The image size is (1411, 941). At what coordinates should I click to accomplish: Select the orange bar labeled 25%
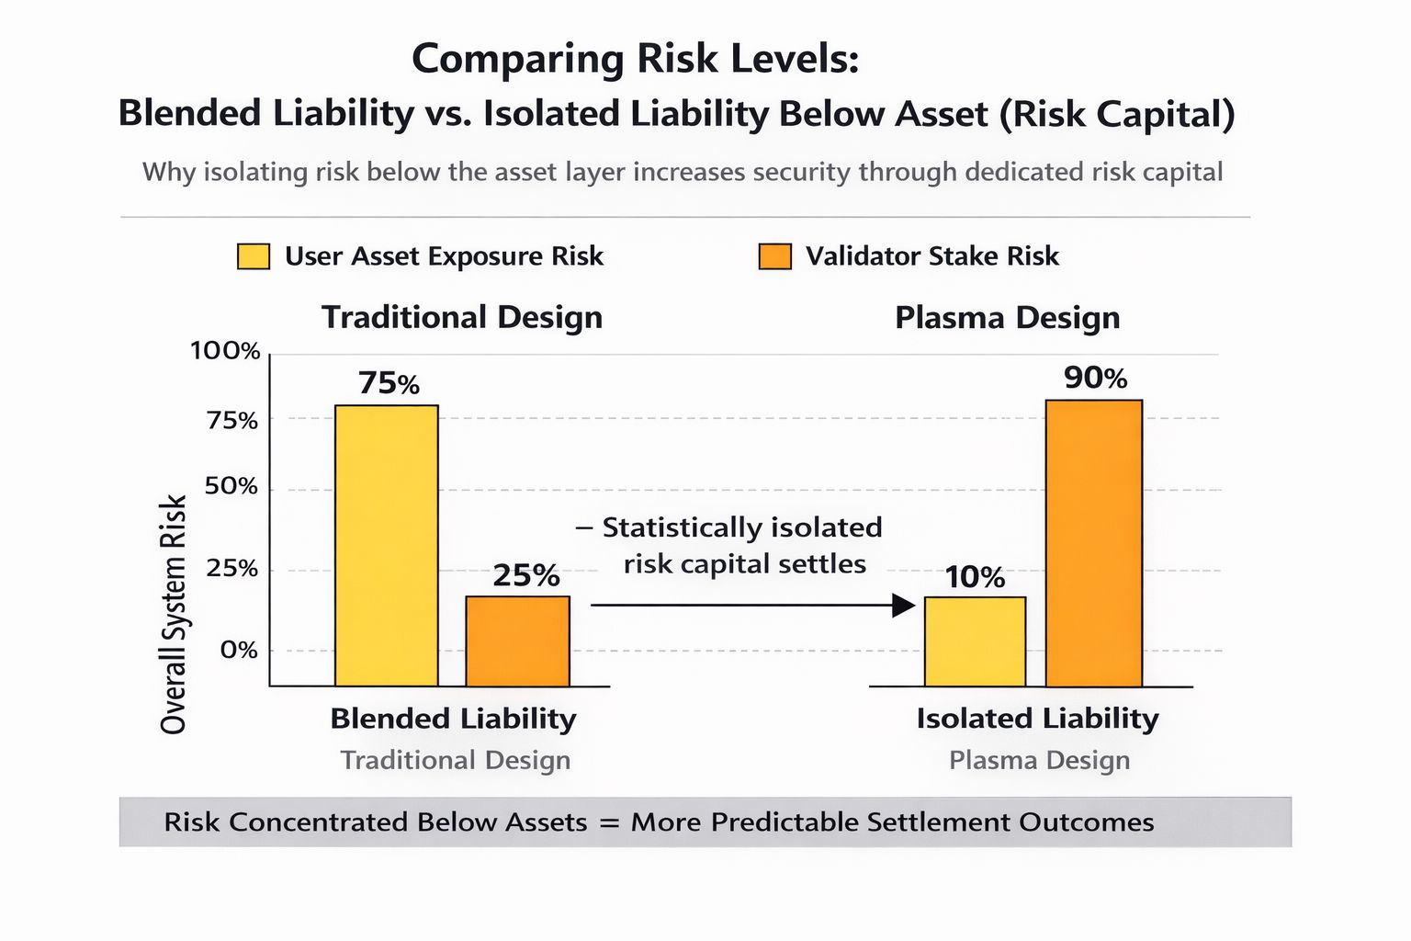pos(517,641)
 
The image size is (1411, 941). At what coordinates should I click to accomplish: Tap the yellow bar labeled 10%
pos(975,641)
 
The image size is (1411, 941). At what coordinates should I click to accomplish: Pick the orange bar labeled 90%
pos(1093,542)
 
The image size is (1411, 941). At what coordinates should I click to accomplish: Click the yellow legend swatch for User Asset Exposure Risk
pos(254,256)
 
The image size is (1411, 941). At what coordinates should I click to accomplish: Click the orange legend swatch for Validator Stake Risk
pos(774,256)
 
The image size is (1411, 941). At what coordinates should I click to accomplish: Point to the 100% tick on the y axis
pos(225,351)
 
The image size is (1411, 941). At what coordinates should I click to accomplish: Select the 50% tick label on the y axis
pos(231,486)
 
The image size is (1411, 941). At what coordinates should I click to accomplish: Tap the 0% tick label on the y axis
pos(239,650)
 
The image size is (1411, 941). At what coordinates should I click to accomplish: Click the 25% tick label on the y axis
pos(231,569)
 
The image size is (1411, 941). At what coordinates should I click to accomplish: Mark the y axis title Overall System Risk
pos(174,614)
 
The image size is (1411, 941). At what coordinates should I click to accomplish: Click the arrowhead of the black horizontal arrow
pos(904,606)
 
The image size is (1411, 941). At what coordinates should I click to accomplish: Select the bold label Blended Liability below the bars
pos(453,719)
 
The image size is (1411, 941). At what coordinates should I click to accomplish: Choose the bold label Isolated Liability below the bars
pos(1037,719)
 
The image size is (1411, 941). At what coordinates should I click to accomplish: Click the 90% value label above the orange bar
pos(1095,378)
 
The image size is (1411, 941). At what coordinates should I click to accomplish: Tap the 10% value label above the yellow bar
pos(975,577)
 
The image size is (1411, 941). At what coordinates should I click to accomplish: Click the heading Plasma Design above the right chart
pos(1007,318)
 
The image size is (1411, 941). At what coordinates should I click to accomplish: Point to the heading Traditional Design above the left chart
pos(462,318)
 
